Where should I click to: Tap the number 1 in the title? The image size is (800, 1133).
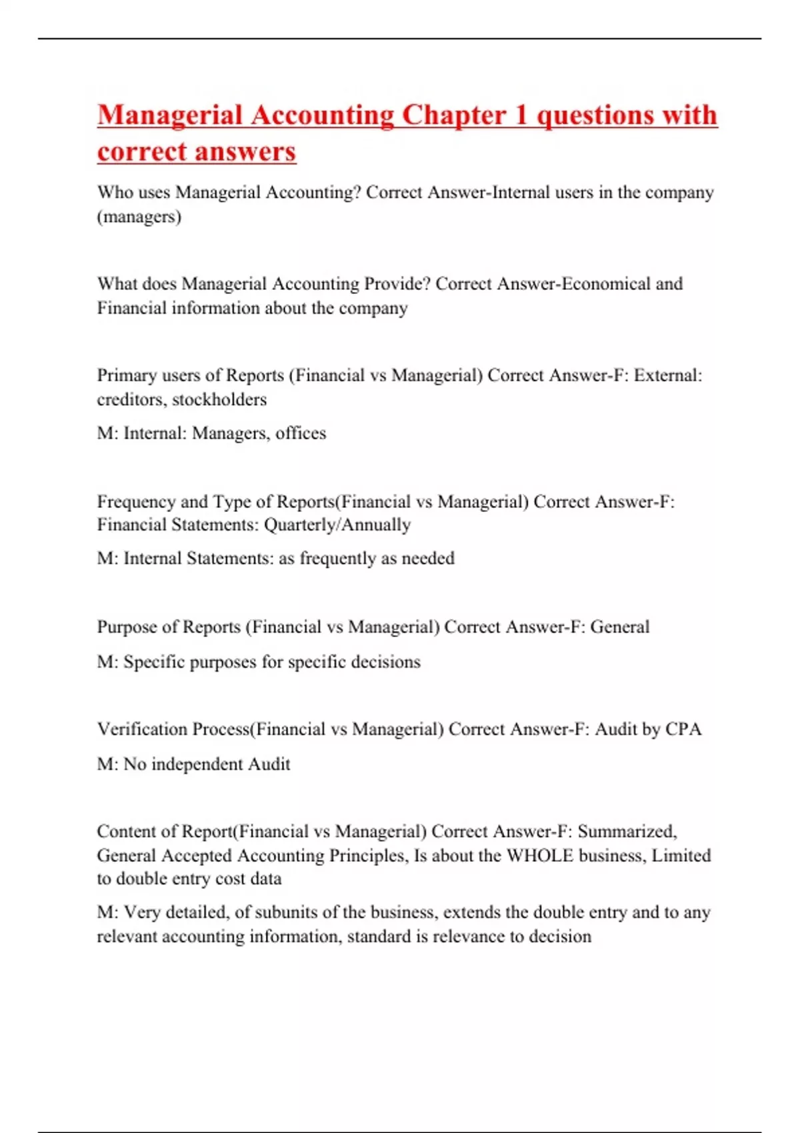[521, 115]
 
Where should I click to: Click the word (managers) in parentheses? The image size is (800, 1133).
[139, 217]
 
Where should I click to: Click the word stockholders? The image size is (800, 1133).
[219, 400]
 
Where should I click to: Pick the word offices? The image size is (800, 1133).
[301, 433]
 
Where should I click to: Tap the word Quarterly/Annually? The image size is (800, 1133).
[337, 525]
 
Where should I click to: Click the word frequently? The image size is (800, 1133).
[338, 559]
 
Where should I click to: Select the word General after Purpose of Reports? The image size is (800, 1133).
[620, 627]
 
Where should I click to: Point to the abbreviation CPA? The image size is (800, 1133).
[683, 729]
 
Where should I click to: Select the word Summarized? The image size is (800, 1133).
[627, 832]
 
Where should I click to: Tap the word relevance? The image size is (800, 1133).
[469, 936]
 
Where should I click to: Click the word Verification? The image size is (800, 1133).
[142, 729]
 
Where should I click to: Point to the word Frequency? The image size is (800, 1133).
[136, 502]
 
